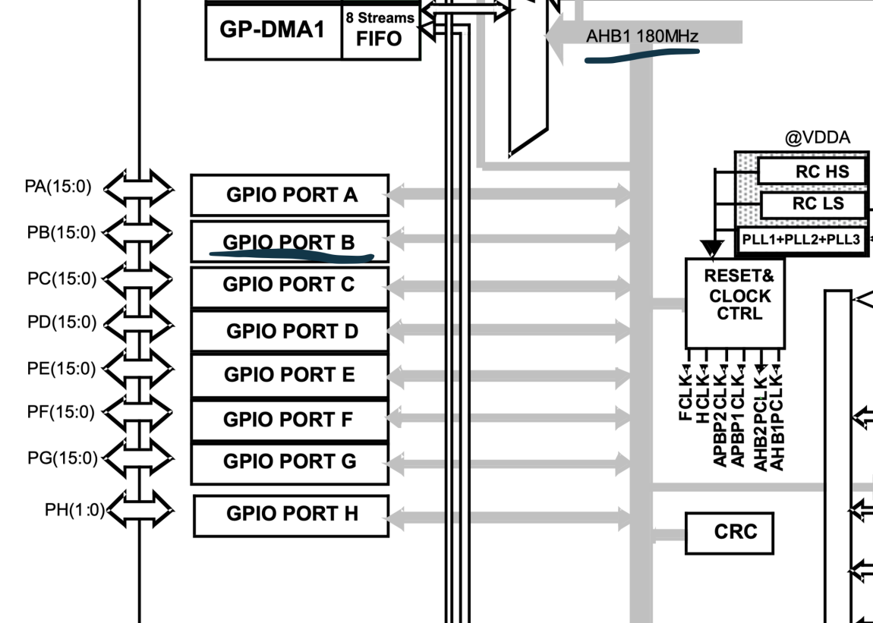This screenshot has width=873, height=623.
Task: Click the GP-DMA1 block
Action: pos(272,30)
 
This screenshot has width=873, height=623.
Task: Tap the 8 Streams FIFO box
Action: pos(380,30)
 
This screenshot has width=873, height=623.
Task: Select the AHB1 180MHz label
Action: pos(642,36)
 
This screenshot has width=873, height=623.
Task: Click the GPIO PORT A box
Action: pos(289,195)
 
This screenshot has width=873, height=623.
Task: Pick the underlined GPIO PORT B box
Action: pos(289,242)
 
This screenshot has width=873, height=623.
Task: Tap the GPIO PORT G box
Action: pos(289,461)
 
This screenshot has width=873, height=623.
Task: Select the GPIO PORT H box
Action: pos(292,514)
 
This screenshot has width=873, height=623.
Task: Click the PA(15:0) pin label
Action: pos(58,186)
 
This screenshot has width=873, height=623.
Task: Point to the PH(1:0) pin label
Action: pos(74,510)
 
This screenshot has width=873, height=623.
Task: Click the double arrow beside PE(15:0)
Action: pos(137,370)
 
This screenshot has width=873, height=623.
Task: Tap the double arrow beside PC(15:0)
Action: pos(137,281)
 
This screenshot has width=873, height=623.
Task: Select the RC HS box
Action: pos(810,171)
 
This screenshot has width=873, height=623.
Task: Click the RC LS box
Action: pos(811,204)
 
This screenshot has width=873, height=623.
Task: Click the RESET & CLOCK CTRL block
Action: pos(734,302)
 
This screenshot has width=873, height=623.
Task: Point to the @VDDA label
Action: pos(817,137)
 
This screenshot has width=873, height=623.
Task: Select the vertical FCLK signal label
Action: pos(685,395)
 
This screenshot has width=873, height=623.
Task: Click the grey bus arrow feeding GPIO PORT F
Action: pos(508,418)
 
